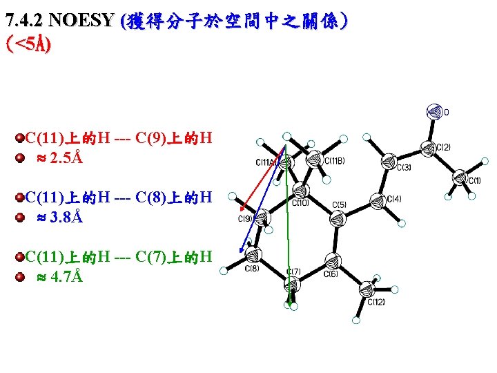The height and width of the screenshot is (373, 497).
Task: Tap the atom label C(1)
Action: point(473,181)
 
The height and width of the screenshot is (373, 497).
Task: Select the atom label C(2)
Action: point(443,147)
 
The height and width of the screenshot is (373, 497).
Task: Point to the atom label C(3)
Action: point(404,167)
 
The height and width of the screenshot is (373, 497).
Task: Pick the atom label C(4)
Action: point(393,199)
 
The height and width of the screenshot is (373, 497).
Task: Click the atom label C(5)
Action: point(339,205)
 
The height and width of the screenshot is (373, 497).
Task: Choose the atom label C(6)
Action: point(331,274)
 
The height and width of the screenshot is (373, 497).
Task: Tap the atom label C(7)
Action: point(293,271)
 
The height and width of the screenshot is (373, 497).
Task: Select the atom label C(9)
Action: point(246,219)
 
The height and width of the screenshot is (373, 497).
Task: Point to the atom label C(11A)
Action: point(266,163)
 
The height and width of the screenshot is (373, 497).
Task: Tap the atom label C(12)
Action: point(376,302)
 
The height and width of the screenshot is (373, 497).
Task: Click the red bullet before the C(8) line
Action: point(21,198)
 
